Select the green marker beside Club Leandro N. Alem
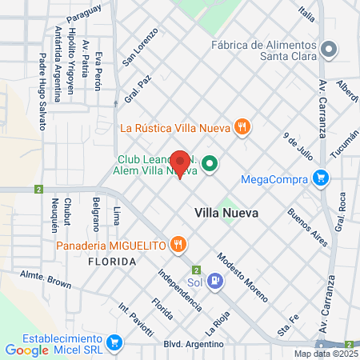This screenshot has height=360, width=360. point(210,165)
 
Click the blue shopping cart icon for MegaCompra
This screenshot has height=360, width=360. point(321,178)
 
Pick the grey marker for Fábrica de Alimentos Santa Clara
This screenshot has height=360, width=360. point(328,50)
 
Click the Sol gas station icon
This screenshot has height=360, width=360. point(214,281)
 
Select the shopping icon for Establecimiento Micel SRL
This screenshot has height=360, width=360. point(114,344)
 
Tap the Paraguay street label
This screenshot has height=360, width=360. point(84,13)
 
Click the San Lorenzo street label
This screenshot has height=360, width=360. point(136,50)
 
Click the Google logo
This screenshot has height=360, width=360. point(27,350)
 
